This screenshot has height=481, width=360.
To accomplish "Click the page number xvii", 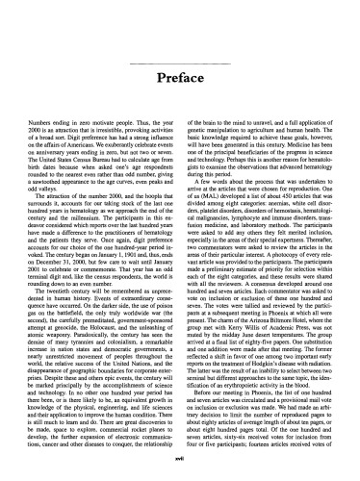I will [180, 460].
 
